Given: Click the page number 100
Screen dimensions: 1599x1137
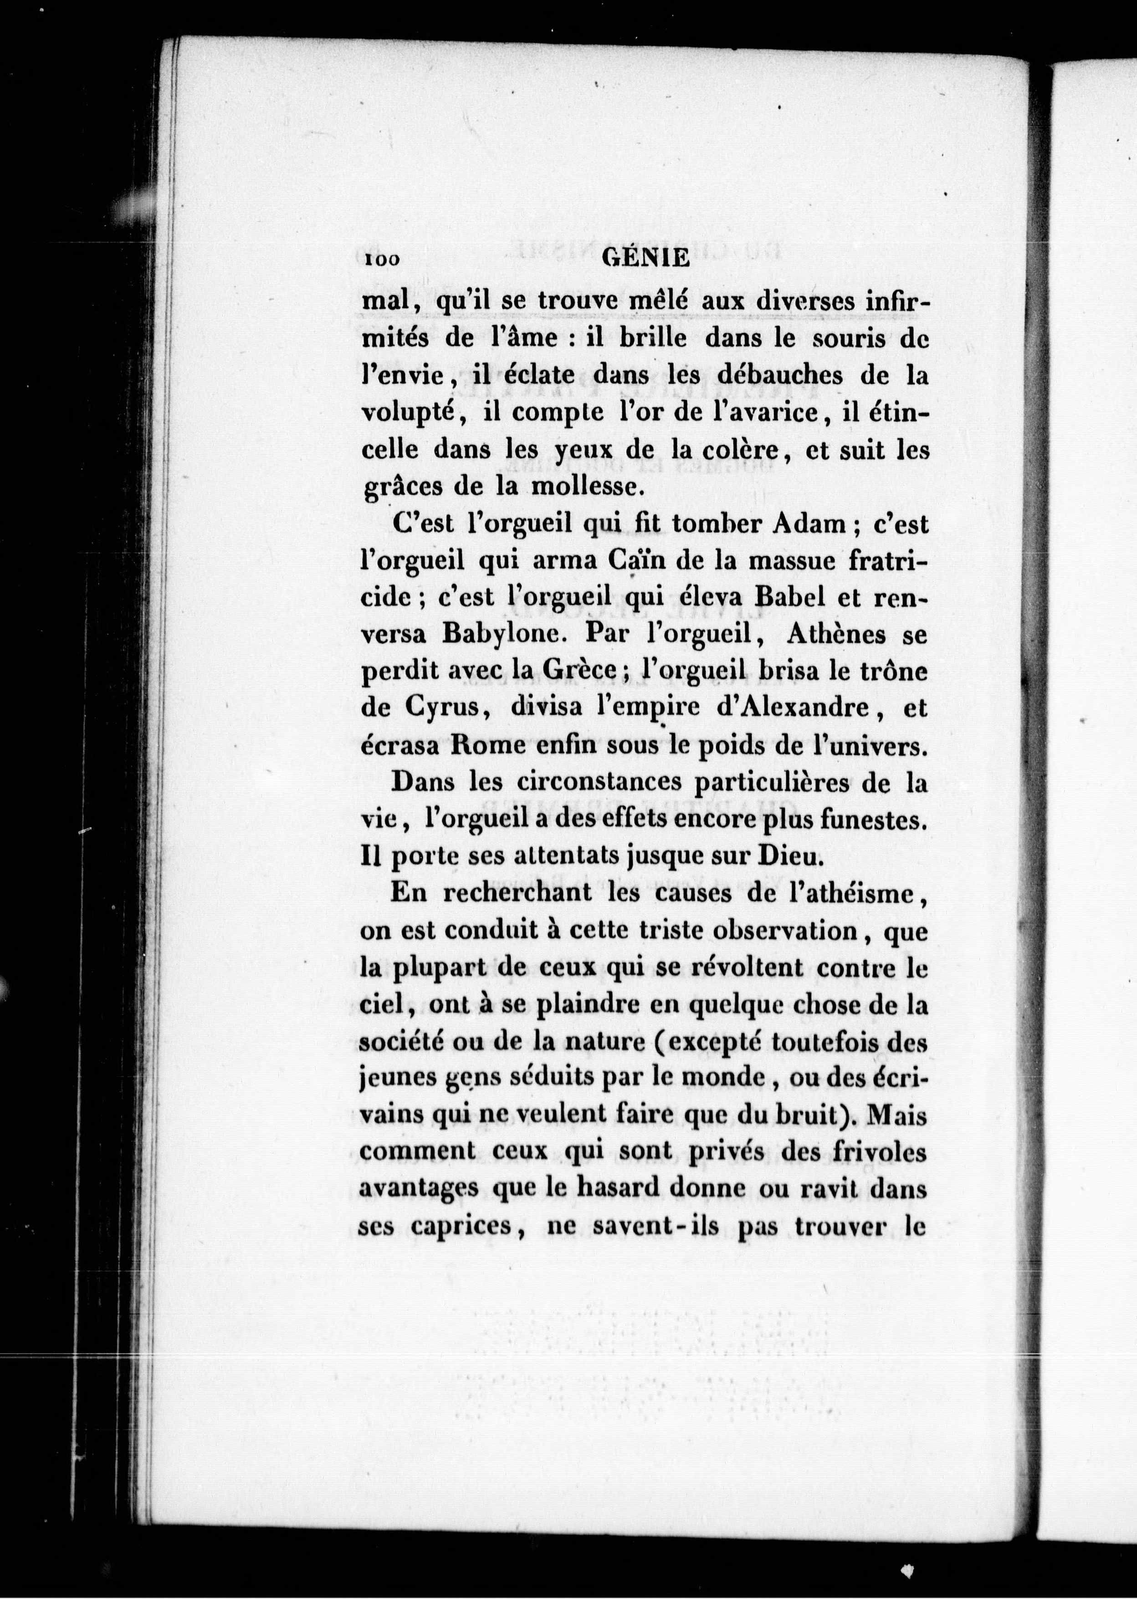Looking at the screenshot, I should click(382, 260).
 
